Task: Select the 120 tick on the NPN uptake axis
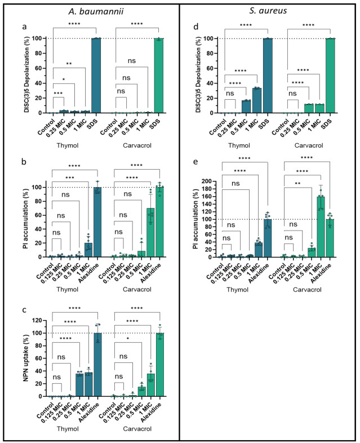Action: (x=38, y=321)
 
